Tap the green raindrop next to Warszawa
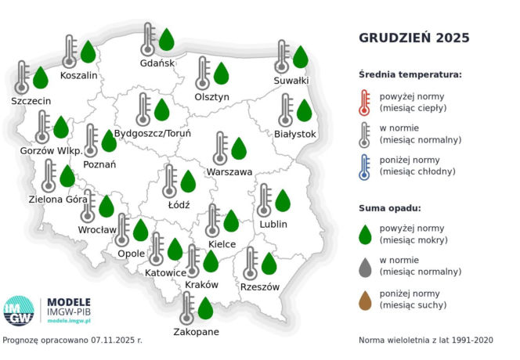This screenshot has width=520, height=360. tap(239, 147)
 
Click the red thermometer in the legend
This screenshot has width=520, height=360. tap(364, 101)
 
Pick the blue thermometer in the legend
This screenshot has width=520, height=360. tap(364, 166)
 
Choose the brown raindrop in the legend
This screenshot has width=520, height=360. tap(364, 299)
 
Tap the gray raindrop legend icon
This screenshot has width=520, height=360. tap(364, 266)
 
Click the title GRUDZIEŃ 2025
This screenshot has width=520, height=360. tap(414, 38)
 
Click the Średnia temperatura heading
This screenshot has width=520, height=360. tap(410, 74)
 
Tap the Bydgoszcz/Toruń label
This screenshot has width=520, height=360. tap(153, 134)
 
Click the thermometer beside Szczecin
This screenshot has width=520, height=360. tap(22, 77)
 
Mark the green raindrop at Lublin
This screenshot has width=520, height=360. tap(283, 201)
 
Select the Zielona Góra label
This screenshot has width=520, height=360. tap(60, 200)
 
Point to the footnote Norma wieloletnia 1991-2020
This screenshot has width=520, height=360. tap(425, 340)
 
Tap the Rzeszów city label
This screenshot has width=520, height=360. tap(260, 287)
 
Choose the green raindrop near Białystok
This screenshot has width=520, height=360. tap(304, 110)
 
